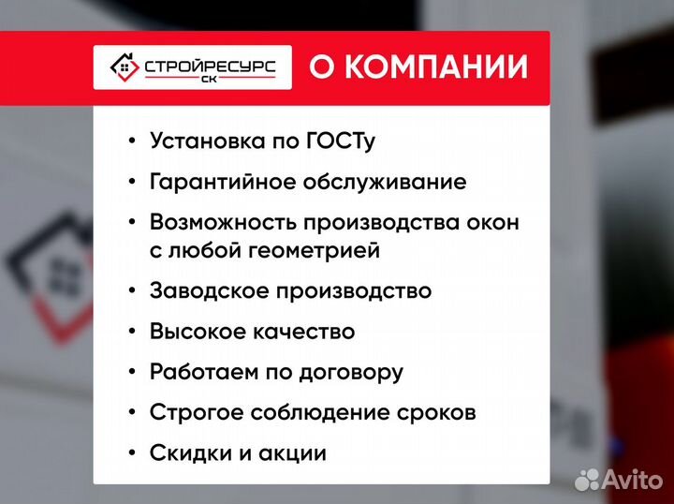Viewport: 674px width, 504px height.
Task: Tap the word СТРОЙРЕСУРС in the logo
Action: click(x=209, y=66)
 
